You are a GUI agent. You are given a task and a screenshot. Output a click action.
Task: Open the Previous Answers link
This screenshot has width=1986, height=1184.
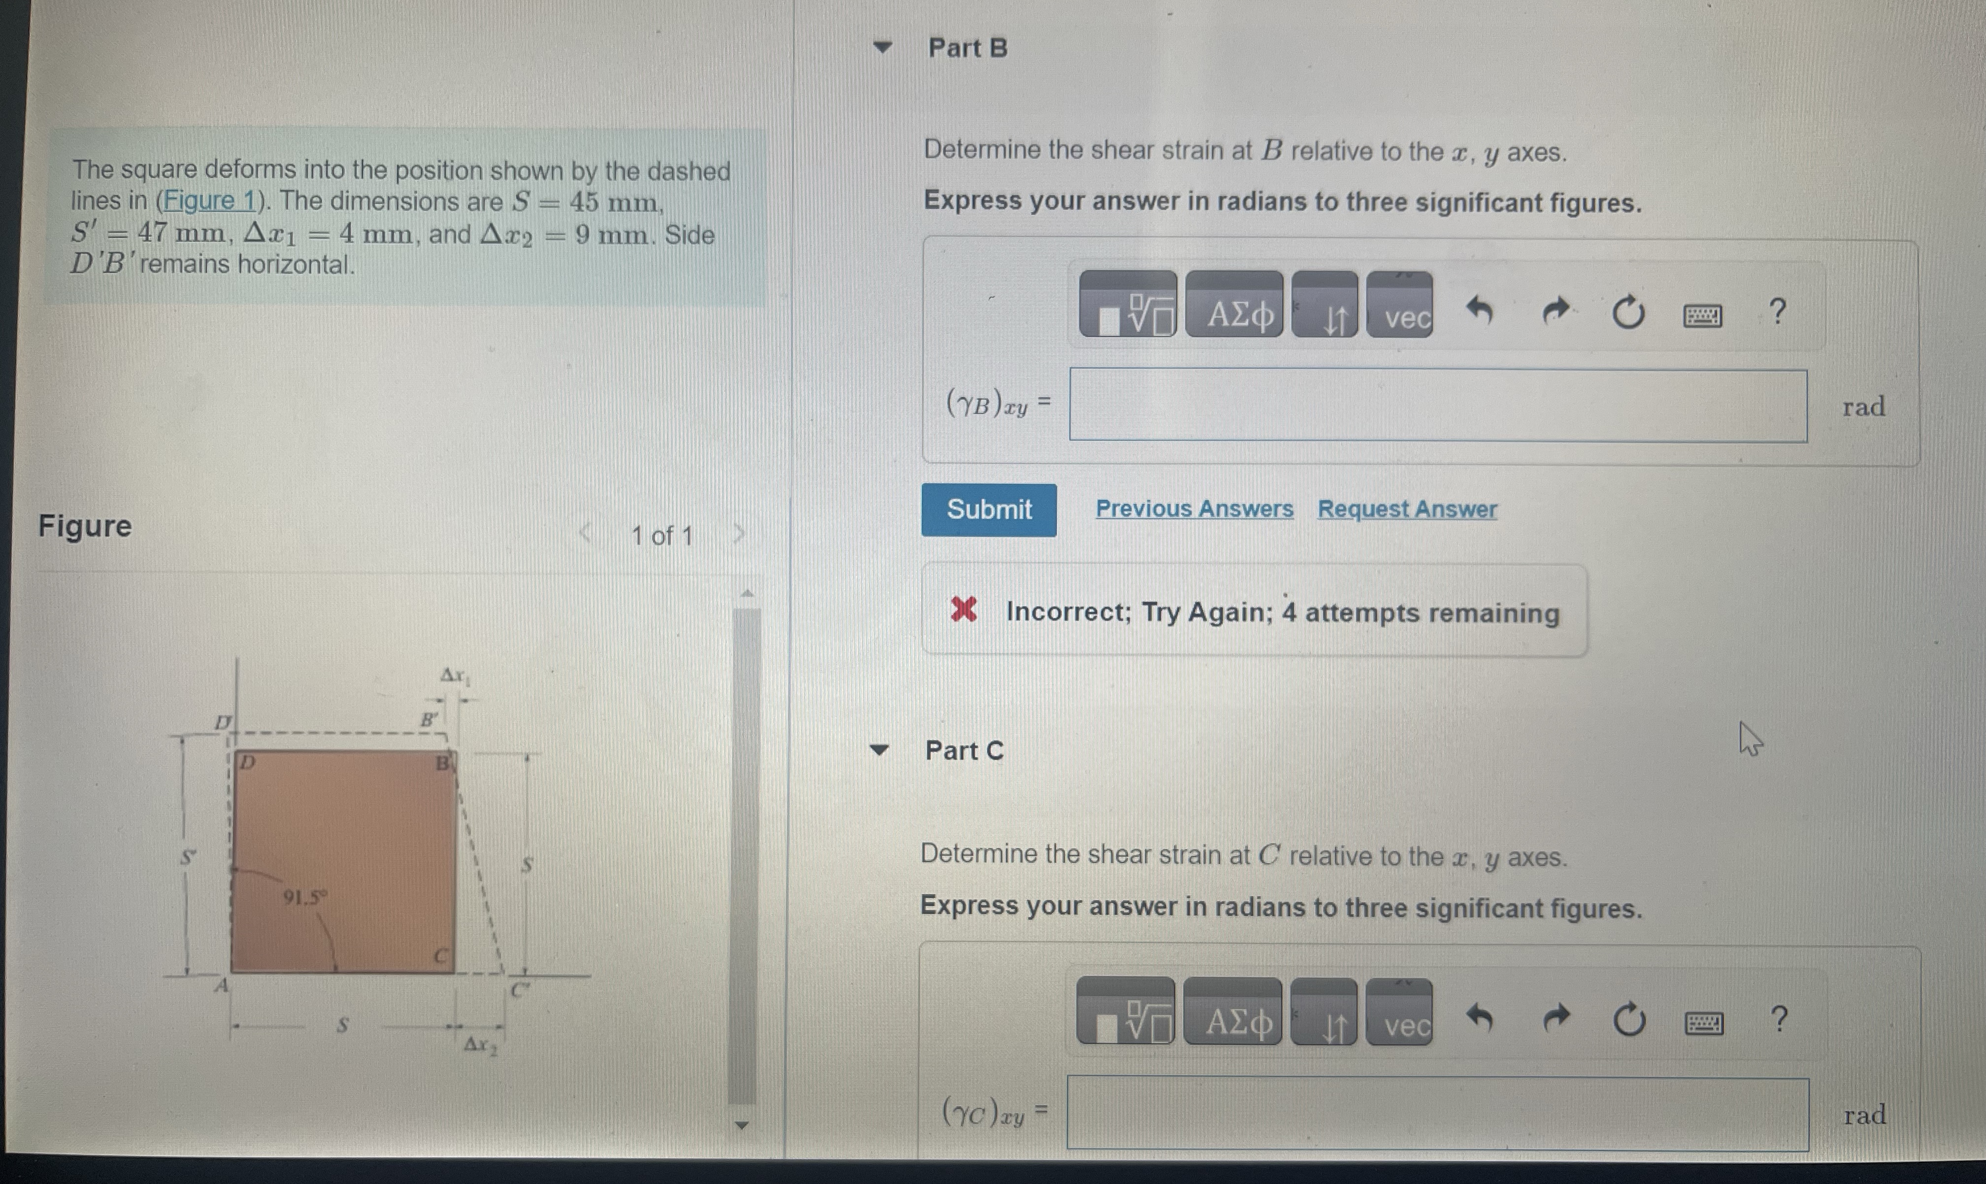1194,509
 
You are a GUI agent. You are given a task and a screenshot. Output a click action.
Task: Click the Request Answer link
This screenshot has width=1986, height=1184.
1407,509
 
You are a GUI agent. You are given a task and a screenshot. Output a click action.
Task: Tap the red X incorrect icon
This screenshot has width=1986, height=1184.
963,610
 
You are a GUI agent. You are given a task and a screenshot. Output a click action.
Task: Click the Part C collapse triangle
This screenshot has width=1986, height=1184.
879,750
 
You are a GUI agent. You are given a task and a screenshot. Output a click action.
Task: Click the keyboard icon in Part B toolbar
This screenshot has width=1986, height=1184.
1702,316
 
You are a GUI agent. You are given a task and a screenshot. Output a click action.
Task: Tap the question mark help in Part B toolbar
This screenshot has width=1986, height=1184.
1777,311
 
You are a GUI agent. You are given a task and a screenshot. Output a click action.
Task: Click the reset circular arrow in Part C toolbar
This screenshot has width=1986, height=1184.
1629,1019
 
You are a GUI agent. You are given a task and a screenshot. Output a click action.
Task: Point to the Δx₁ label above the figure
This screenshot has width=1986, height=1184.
456,677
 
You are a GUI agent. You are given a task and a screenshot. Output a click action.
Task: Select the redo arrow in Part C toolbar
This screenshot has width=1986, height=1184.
1556,1018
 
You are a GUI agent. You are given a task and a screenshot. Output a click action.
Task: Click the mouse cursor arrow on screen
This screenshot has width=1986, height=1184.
1750,738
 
